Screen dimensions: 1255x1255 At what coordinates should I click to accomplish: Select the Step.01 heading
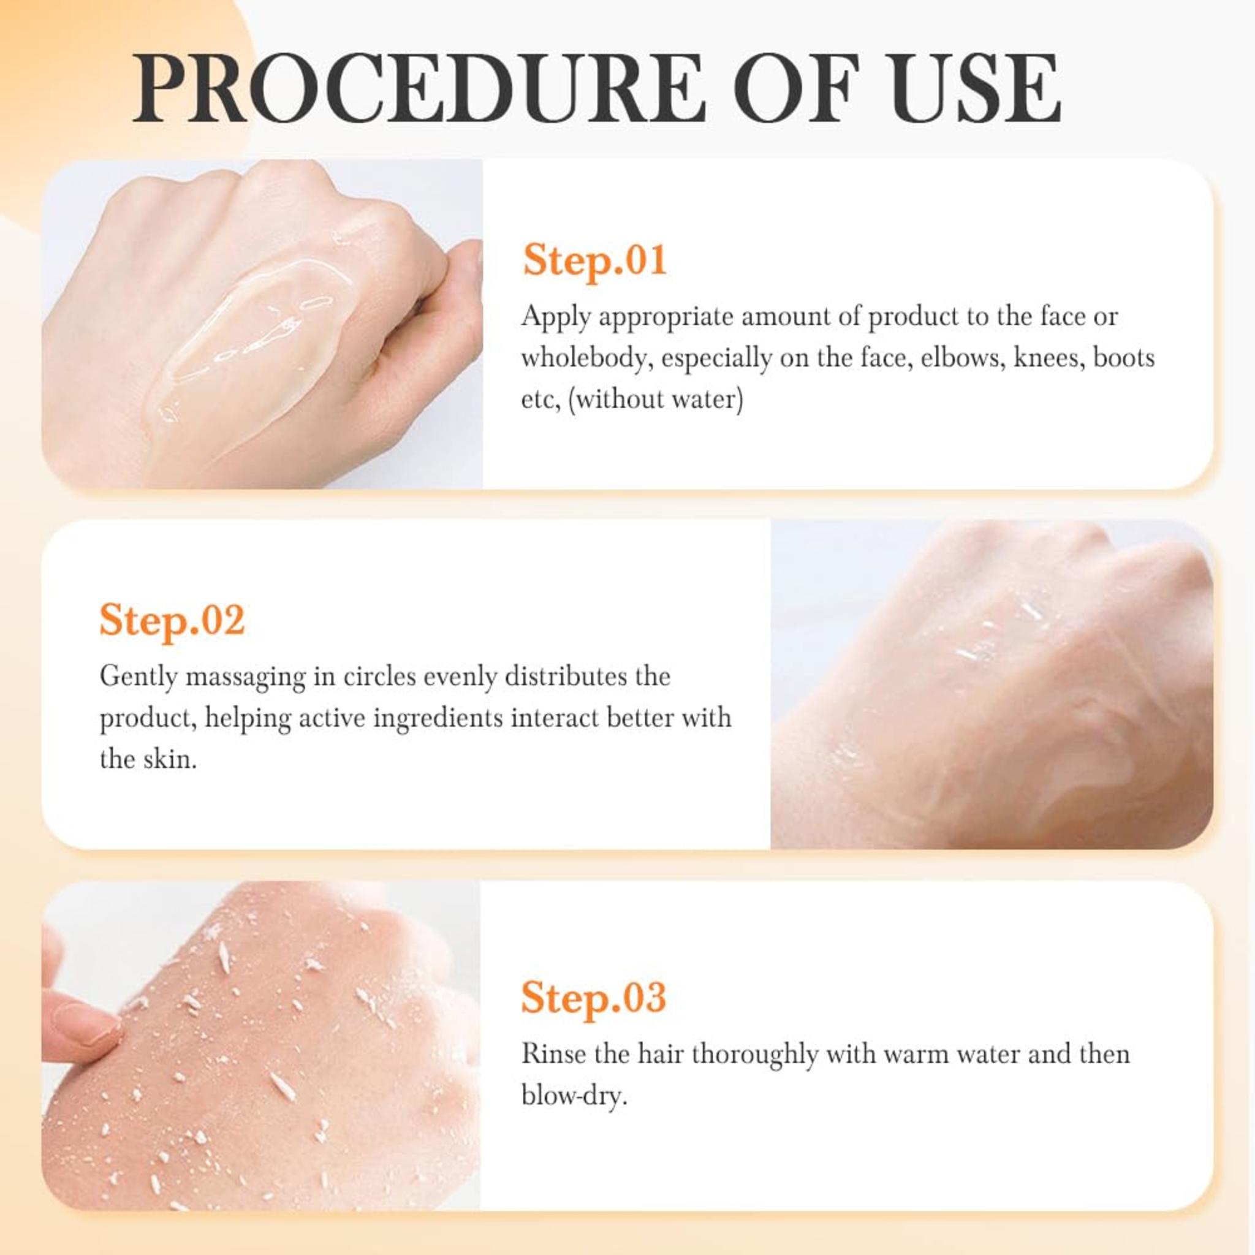pos(595,260)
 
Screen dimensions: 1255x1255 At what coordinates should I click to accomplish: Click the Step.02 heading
pos(172,620)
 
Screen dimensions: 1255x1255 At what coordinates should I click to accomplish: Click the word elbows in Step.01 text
pos(954,358)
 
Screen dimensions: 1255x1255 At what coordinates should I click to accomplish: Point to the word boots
pos(1124,358)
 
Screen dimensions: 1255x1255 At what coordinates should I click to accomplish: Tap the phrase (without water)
pos(656,399)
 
